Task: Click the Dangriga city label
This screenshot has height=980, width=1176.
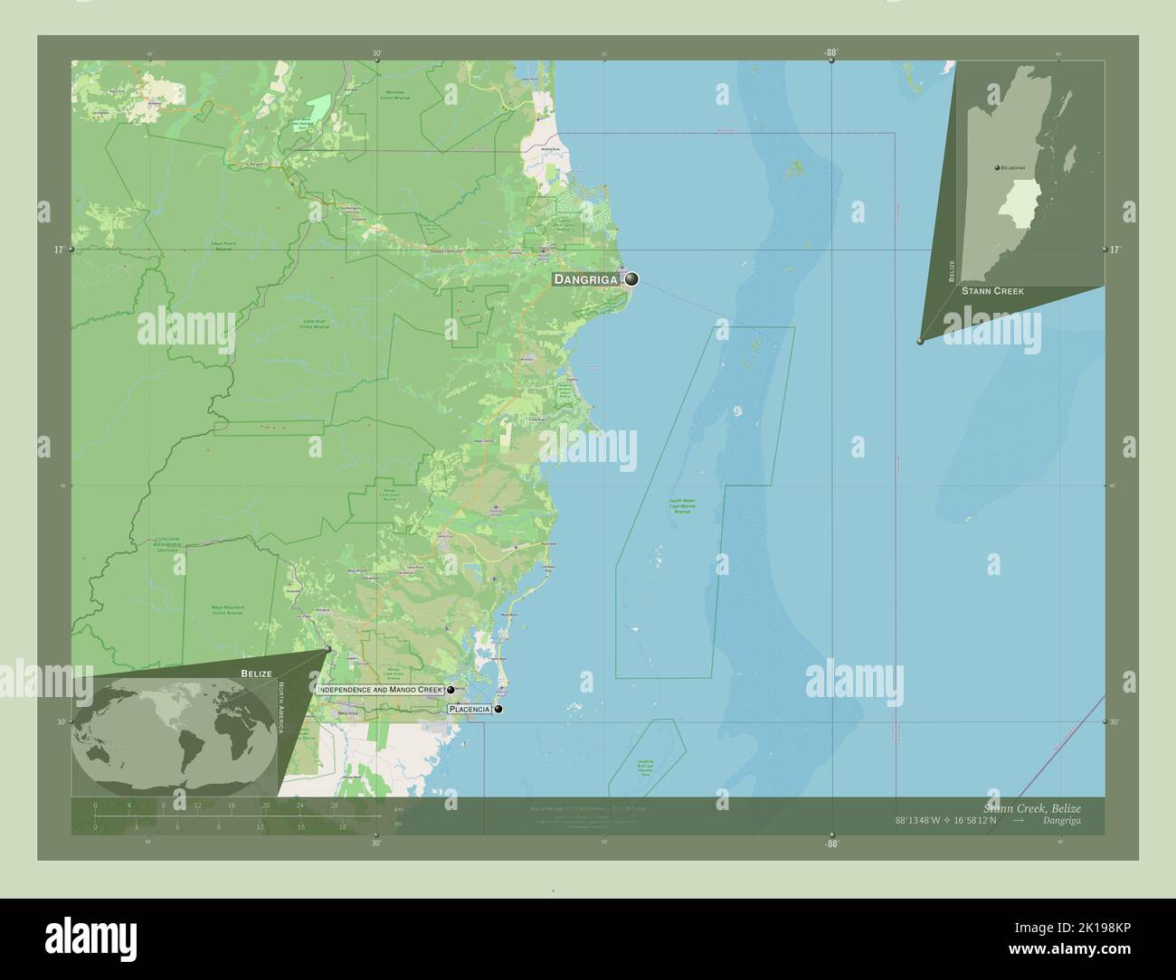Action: (x=586, y=279)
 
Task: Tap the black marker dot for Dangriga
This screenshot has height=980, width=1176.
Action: (x=631, y=279)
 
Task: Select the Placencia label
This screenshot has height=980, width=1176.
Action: (x=469, y=710)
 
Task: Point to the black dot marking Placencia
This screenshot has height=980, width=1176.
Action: (x=498, y=710)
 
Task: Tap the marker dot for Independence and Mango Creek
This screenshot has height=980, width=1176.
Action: (x=450, y=690)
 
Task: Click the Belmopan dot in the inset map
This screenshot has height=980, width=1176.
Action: (x=996, y=169)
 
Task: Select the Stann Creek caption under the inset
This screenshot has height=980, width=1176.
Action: (x=992, y=291)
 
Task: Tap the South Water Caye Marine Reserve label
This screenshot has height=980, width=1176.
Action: (x=682, y=506)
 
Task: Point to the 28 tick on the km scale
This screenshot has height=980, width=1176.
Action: (x=334, y=805)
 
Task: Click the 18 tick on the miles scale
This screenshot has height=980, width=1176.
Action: (x=342, y=826)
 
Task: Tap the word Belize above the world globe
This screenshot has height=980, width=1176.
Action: (x=255, y=674)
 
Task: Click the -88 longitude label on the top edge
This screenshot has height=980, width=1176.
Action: (x=831, y=52)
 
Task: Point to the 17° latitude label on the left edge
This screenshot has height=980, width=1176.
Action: (x=58, y=250)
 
